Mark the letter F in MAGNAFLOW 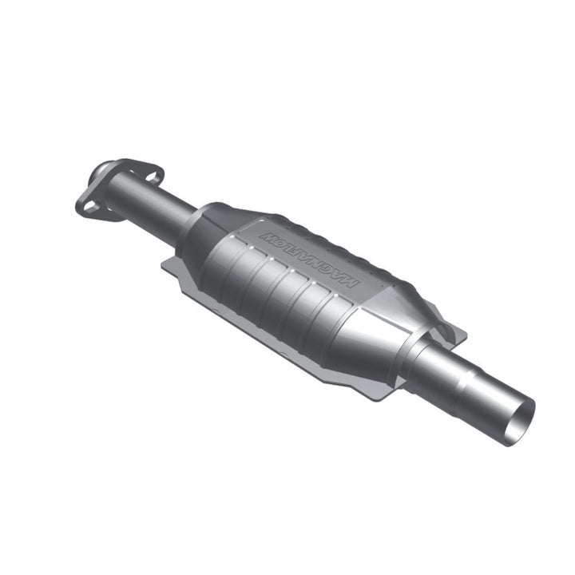[x=302, y=252]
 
